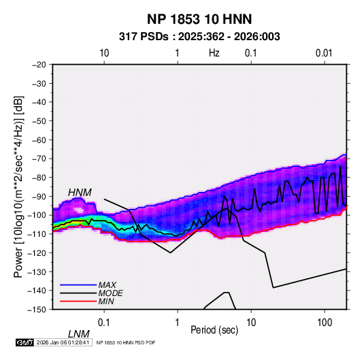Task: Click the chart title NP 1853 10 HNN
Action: tap(199, 19)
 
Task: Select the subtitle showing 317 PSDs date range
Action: tap(199, 37)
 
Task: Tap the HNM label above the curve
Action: tap(80, 193)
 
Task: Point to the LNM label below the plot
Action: tap(78, 334)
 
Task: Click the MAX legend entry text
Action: tap(107, 284)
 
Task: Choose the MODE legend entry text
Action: tap(110, 293)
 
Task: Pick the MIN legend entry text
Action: tap(106, 301)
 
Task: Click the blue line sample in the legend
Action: tap(78, 284)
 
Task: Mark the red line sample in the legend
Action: tap(78, 301)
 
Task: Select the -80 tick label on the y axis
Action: tap(39, 178)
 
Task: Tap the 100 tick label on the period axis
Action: tap(325, 323)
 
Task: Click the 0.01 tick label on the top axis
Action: tap(324, 53)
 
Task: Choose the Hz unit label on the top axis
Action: tap(214, 53)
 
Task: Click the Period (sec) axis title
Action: tap(214, 330)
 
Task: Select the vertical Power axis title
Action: tap(18, 187)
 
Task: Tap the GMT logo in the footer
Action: tap(24, 342)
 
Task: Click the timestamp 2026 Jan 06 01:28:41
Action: tap(63, 342)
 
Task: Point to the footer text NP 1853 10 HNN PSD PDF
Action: tap(126, 342)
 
